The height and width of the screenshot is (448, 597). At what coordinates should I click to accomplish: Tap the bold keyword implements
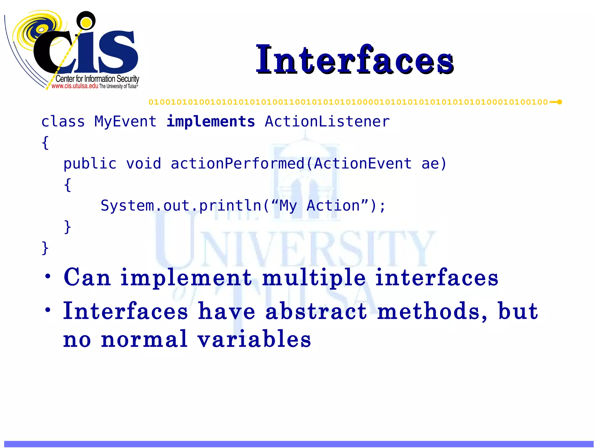coord(210,122)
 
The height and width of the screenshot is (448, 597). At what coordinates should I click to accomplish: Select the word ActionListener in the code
coord(327,122)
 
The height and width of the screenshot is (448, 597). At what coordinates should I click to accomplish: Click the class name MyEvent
coord(125,122)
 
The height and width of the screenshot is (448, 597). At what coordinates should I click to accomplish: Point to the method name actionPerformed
coord(237,164)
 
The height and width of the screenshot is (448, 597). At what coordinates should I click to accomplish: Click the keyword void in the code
coord(143,164)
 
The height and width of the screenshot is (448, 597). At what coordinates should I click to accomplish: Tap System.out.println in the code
coord(181,206)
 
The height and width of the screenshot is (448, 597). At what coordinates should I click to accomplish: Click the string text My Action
coord(319,206)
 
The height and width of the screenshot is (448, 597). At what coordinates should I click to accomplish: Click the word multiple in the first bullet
coord(314,278)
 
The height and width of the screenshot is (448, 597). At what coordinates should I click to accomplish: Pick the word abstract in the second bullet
coord(316,311)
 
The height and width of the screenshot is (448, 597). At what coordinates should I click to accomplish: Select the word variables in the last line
coord(254,339)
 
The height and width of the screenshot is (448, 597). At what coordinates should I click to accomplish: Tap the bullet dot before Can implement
coord(48,276)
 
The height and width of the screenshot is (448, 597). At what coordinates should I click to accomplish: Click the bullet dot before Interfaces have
coord(48,310)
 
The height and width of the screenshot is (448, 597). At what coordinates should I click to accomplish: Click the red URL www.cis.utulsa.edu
coord(75,86)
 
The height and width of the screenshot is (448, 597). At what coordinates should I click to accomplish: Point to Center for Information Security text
coord(97,79)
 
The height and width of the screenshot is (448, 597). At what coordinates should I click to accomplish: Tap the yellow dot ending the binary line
coord(559,102)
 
